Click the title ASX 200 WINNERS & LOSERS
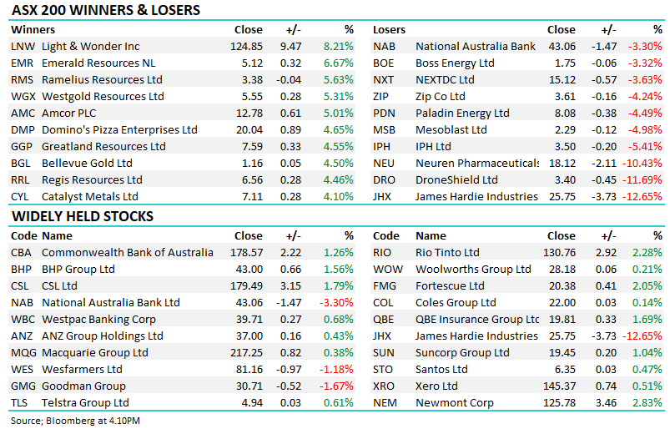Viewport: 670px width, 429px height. point(105,11)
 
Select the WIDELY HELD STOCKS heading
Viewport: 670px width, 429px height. point(82,217)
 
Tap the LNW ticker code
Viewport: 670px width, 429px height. point(23,47)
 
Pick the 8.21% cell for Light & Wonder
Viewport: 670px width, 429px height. point(338,47)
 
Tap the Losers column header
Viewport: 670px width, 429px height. point(389,30)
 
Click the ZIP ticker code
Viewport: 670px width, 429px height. point(382,97)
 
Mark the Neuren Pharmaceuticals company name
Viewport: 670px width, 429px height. point(476,164)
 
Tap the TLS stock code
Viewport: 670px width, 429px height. point(21,403)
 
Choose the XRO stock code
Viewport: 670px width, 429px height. point(384,386)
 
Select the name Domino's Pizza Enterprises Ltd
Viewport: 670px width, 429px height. point(119,130)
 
